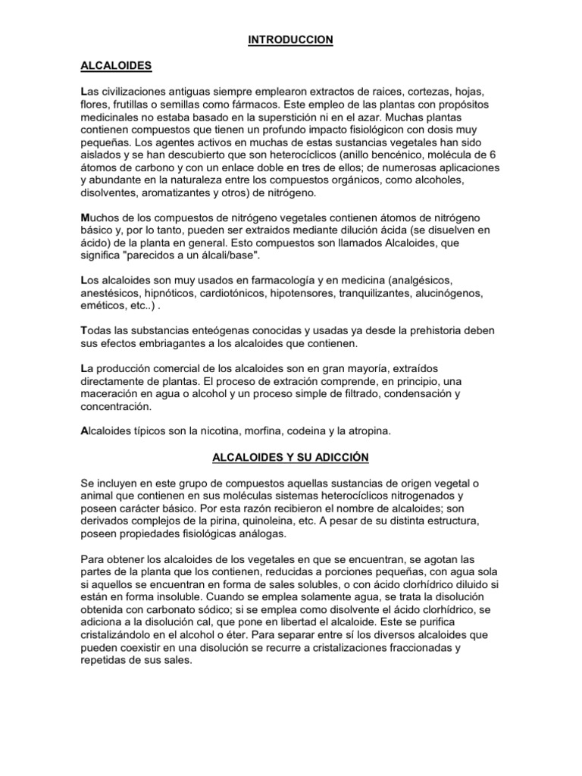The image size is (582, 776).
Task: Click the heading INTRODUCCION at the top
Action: (x=291, y=39)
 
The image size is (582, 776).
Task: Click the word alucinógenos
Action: (x=465, y=293)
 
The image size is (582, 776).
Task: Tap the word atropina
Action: (x=366, y=431)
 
